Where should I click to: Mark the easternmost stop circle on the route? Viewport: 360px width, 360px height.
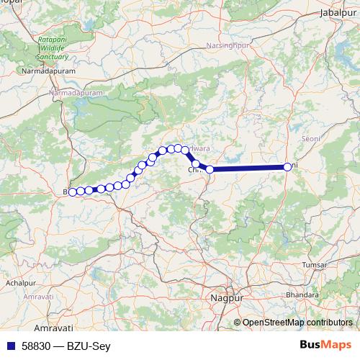click(287, 167)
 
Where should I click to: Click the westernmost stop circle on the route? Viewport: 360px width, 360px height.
click(72, 192)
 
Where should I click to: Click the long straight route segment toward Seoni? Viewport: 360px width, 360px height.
click(248, 168)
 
